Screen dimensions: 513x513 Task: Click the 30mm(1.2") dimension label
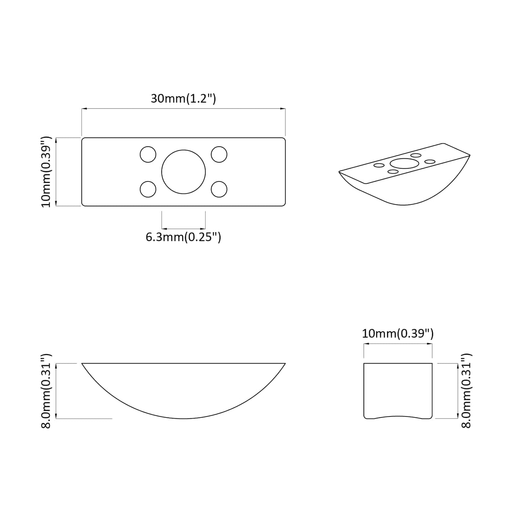coord(183,99)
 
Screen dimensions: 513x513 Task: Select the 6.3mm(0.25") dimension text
coord(183,237)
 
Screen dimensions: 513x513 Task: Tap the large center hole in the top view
coord(184,172)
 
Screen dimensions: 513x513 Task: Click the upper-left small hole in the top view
coord(148,154)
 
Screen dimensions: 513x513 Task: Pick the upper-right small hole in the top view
coord(219,154)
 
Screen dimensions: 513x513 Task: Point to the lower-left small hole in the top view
coord(148,189)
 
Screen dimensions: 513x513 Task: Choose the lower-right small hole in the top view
coord(219,189)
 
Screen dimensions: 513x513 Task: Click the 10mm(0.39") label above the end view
coord(398,333)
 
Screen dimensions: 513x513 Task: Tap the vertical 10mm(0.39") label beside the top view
coord(46,172)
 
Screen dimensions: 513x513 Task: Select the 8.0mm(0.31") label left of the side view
coord(46,391)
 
